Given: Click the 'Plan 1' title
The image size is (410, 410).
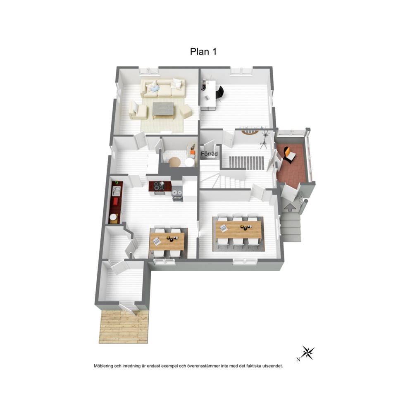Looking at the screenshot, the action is [203, 52].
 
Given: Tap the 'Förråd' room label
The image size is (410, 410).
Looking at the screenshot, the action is [209, 154].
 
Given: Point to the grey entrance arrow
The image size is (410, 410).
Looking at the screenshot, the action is [290, 207].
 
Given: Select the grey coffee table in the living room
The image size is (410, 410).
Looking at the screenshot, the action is [163, 110].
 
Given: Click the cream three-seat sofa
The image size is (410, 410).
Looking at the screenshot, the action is [163, 88].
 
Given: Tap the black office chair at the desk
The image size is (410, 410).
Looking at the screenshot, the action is [220, 93].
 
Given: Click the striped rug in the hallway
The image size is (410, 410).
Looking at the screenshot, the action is [247, 163].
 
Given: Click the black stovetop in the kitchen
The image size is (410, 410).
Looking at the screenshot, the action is [159, 186].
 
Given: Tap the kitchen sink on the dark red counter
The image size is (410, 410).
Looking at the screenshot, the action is [116, 191].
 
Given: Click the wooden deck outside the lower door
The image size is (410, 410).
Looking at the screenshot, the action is [124, 327].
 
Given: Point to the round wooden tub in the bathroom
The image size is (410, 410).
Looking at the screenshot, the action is [174, 162].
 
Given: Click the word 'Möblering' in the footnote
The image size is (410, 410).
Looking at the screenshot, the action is [104, 366].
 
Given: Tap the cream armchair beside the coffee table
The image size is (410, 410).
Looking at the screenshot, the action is [137, 111].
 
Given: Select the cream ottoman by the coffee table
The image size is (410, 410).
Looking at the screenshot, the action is [186, 111].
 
